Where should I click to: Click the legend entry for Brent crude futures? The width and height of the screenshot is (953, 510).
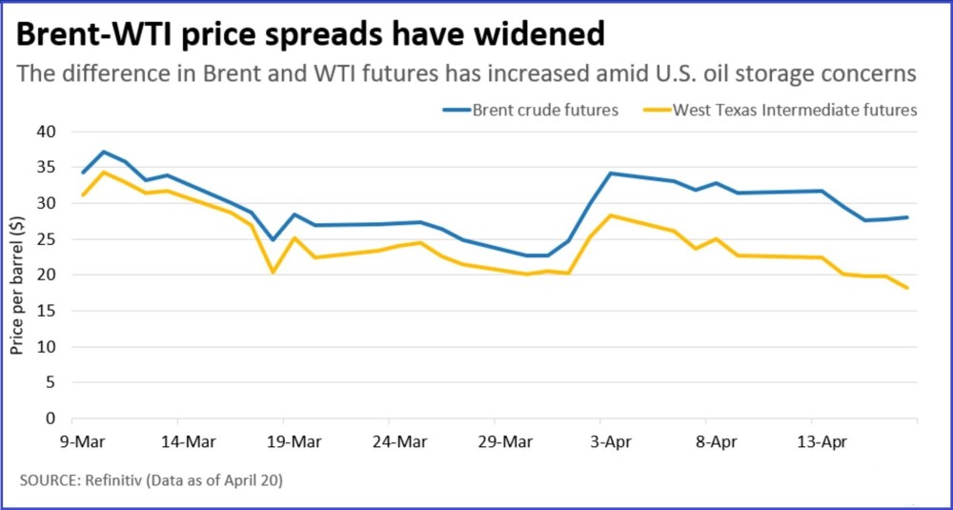pos(531,110)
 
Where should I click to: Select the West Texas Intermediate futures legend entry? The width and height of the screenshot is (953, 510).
pos(780,110)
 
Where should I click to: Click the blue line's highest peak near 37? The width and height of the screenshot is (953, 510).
pos(103,152)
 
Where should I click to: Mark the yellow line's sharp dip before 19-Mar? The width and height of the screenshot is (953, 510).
pos(273,272)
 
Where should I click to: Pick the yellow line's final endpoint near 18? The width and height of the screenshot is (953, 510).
pos(907,288)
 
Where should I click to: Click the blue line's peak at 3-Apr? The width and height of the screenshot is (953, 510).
pos(611,173)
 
